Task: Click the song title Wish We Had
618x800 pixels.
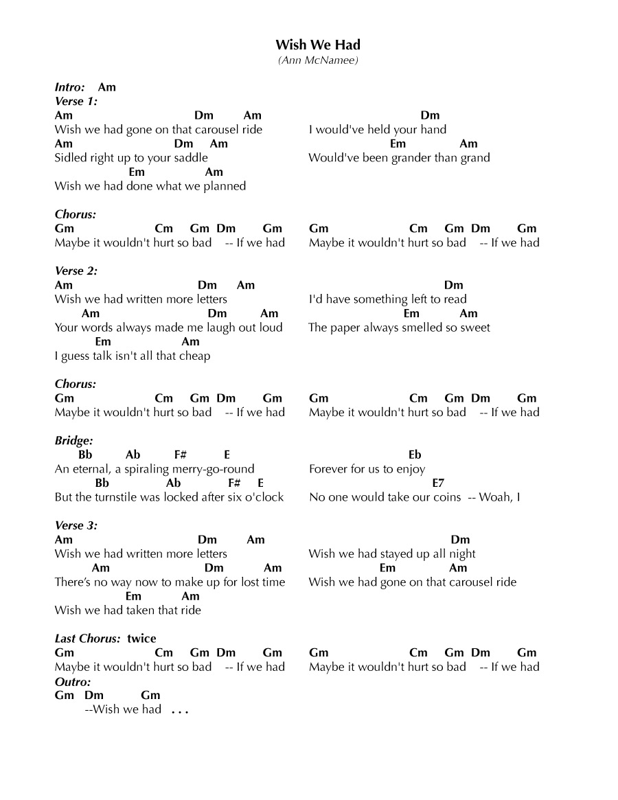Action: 318,45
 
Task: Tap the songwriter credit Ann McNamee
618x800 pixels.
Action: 318,60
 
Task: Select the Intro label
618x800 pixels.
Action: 70,87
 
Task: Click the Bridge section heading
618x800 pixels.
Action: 73,441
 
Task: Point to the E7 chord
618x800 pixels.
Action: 438,483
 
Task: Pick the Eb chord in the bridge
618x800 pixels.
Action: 415,455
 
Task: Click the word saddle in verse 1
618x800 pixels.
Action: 190,158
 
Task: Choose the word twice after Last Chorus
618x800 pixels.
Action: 141,639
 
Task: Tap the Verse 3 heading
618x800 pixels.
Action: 76,526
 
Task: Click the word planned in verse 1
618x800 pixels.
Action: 225,186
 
